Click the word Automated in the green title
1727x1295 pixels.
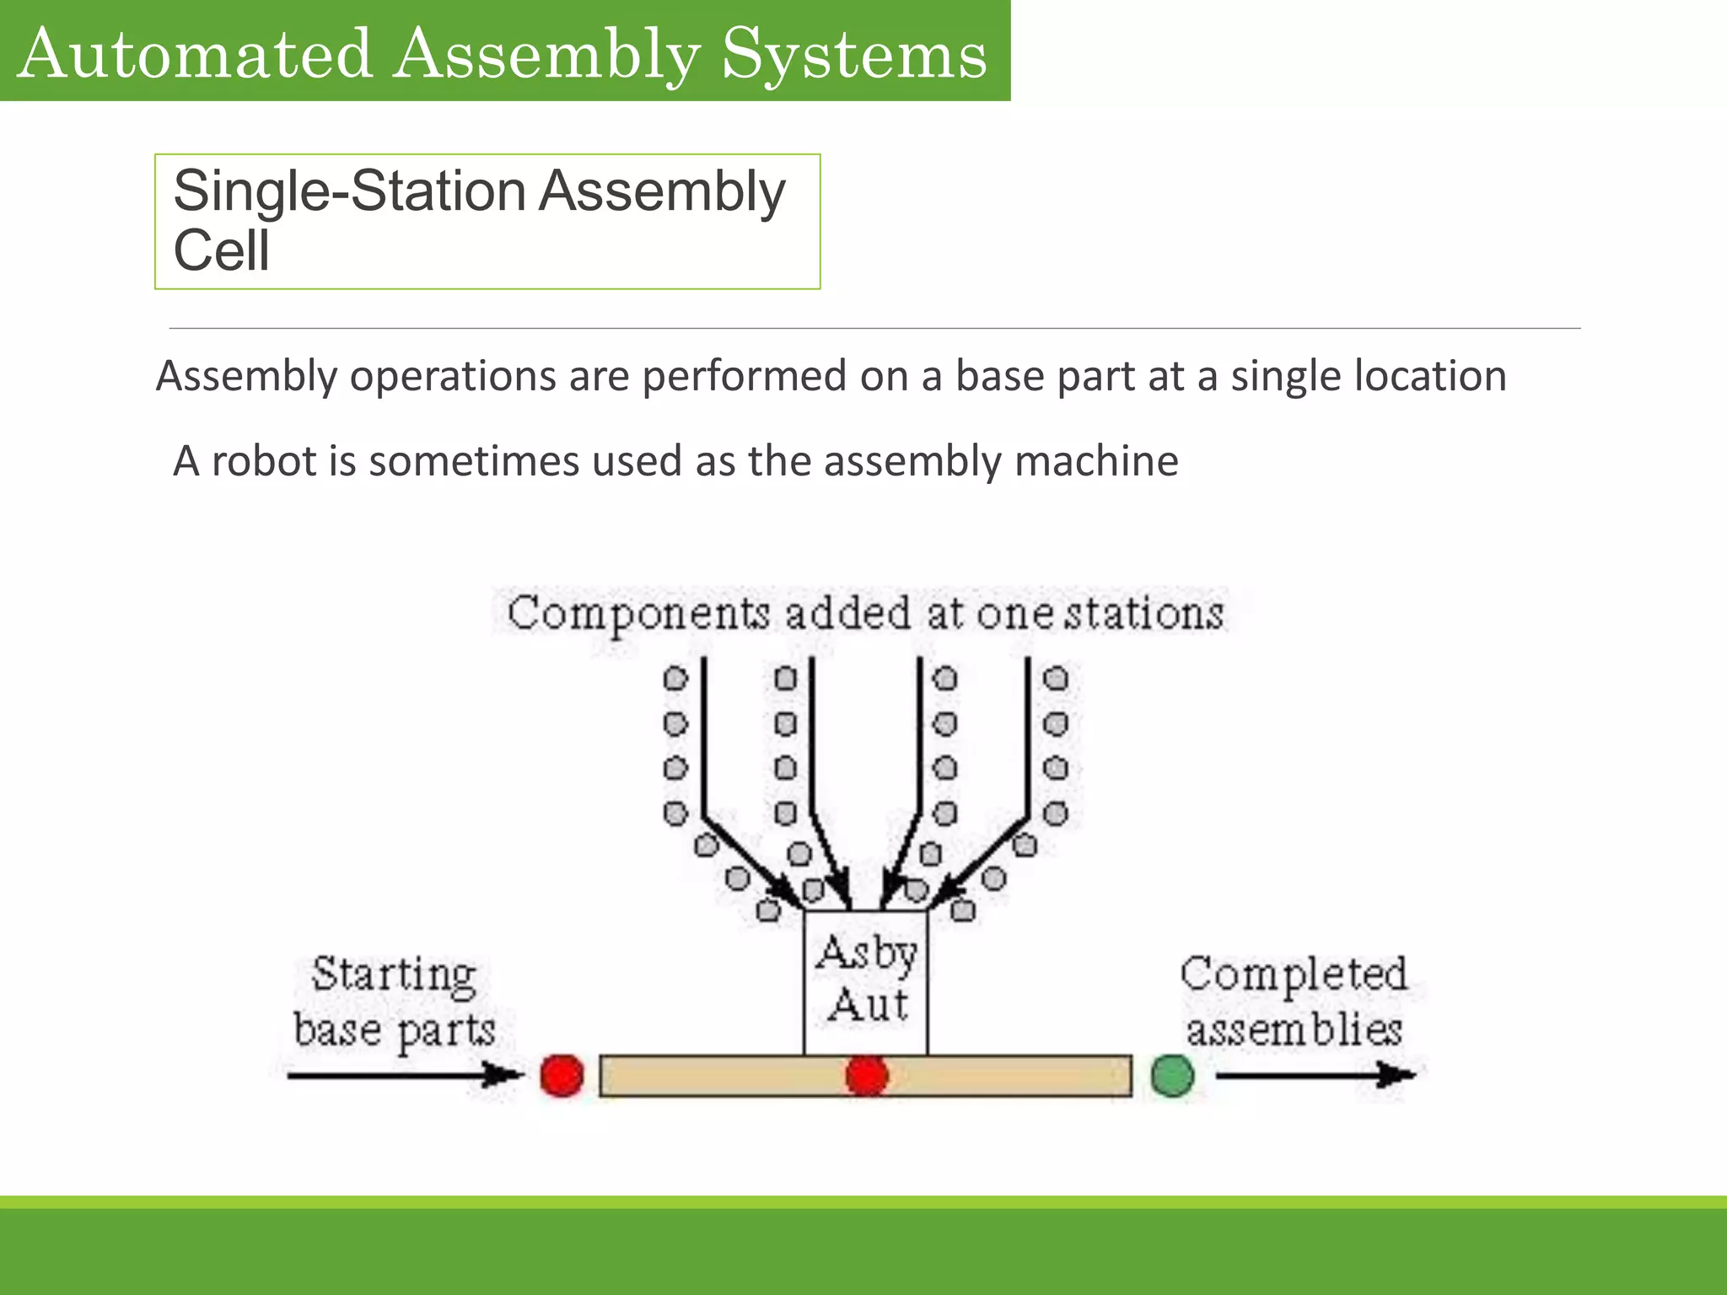[x=195, y=55]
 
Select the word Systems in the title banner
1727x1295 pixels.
[x=853, y=55]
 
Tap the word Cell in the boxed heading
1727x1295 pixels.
[x=221, y=250]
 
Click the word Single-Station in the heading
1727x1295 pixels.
[x=349, y=191]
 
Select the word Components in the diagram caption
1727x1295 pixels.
[x=638, y=614]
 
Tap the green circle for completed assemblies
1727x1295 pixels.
[x=1172, y=1076]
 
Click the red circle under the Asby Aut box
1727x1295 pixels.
[x=867, y=1076]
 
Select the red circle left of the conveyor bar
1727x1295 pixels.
[x=562, y=1076]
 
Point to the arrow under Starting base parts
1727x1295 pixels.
[x=405, y=1075]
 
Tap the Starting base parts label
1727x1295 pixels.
[x=394, y=1002]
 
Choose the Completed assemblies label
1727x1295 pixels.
[x=1294, y=1002]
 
